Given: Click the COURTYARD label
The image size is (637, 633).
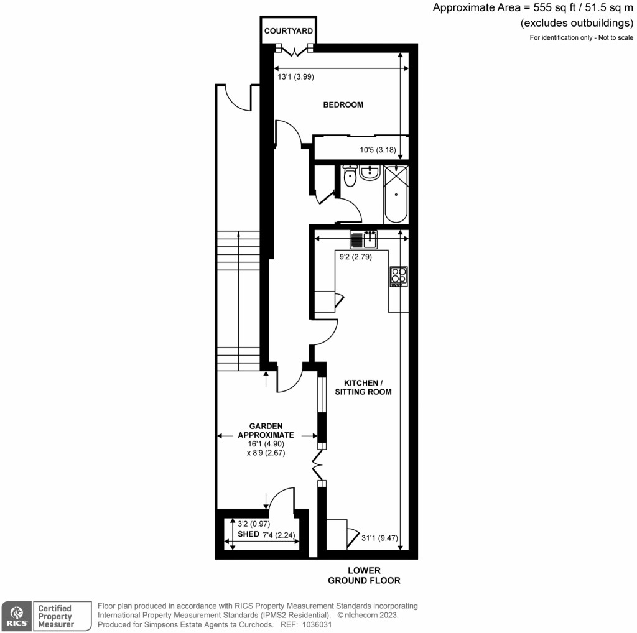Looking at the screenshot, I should tap(288, 31).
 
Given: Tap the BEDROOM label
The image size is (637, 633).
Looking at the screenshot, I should tap(343, 104).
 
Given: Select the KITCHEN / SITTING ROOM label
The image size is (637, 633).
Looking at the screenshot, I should tap(363, 387).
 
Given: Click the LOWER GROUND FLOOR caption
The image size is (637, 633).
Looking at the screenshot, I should tap(364, 576).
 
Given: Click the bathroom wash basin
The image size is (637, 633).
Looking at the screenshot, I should tap(370, 172).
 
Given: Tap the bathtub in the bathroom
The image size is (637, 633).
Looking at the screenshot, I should tap(396, 193).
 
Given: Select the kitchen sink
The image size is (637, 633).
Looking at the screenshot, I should tap(364, 239).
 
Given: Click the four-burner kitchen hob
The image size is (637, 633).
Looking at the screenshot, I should tap(399, 275).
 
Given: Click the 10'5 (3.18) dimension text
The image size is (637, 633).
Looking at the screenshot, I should tap(378, 149).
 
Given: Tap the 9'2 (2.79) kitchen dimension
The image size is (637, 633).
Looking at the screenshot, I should tap(355, 256).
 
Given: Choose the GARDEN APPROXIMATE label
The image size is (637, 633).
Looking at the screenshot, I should tap(267, 431).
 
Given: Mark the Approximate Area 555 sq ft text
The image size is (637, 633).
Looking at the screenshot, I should tap(532, 8).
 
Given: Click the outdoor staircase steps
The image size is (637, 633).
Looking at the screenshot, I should tap(238, 298).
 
